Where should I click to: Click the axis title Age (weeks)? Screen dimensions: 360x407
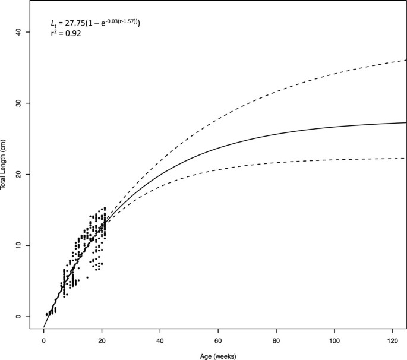pyautogui.click(x=218, y=355)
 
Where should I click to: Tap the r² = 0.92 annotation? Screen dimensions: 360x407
pyautogui.click(x=66, y=34)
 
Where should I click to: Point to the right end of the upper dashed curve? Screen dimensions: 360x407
pyautogui.click(x=406, y=60)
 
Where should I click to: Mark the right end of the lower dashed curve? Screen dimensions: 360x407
pyautogui.click(x=406, y=159)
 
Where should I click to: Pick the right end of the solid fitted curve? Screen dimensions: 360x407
pyautogui.click(x=406, y=123)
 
